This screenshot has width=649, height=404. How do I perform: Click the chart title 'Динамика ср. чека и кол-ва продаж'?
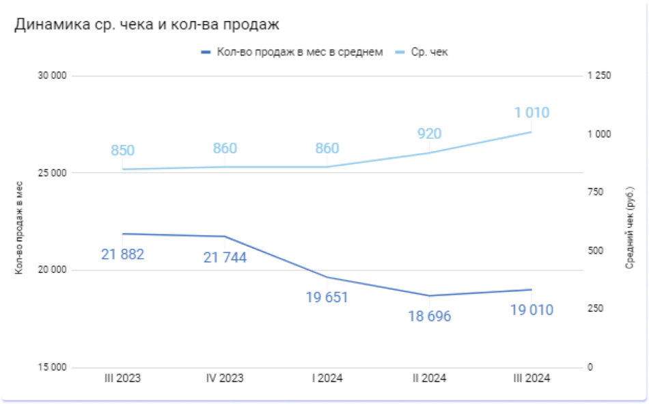(x=147, y=25)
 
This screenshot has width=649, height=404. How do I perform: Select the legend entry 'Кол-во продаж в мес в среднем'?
(x=299, y=52)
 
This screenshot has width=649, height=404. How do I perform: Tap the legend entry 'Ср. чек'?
(x=429, y=52)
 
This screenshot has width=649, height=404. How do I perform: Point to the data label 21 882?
(x=122, y=255)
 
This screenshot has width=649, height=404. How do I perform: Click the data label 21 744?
(x=225, y=258)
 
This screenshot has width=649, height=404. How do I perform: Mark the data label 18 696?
(x=430, y=317)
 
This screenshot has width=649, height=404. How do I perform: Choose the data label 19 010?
(x=531, y=310)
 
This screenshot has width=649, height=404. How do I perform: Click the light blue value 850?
(x=122, y=150)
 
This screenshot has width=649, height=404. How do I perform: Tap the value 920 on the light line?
(x=430, y=134)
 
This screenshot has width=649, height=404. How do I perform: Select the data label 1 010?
(x=531, y=113)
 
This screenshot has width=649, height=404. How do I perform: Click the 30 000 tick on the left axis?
(x=52, y=76)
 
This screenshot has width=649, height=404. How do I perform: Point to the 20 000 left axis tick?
(x=52, y=270)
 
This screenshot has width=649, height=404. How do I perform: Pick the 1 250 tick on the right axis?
(x=599, y=76)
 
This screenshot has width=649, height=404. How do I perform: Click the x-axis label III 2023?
(x=122, y=378)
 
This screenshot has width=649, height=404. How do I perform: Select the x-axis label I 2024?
(x=327, y=378)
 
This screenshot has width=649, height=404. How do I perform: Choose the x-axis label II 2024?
(x=430, y=378)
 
